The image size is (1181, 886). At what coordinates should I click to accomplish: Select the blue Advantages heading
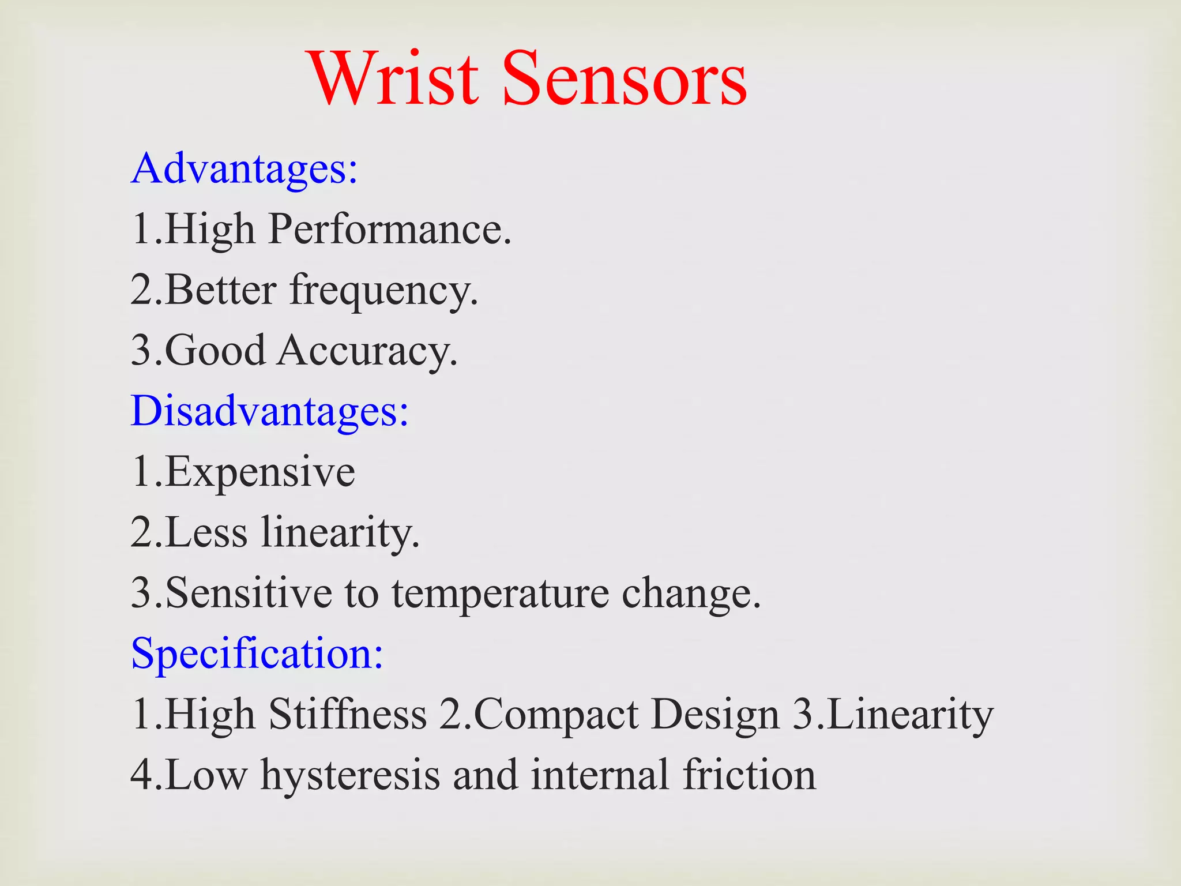click(x=245, y=168)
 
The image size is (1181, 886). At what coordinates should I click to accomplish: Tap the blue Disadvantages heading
click(x=270, y=411)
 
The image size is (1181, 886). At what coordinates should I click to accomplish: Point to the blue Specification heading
click(x=257, y=654)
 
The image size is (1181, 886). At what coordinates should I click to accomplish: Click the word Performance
click(x=390, y=230)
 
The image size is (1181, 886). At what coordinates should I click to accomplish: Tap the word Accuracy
click(x=367, y=351)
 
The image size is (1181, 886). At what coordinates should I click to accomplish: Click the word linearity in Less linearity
click(x=340, y=532)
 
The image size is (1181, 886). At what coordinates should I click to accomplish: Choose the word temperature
click(x=500, y=594)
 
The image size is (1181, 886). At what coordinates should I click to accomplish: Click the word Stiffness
click(x=348, y=714)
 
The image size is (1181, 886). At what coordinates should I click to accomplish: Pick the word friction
click(x=749, y=775)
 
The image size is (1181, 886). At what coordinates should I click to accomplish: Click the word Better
click(x=220, y=290)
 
